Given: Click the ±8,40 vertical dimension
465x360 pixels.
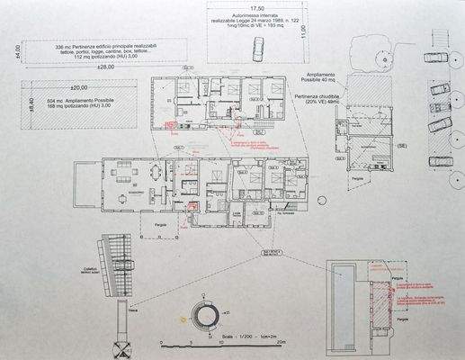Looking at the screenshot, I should point(30,104).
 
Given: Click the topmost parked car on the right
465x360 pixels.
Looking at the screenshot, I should point(434,57).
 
